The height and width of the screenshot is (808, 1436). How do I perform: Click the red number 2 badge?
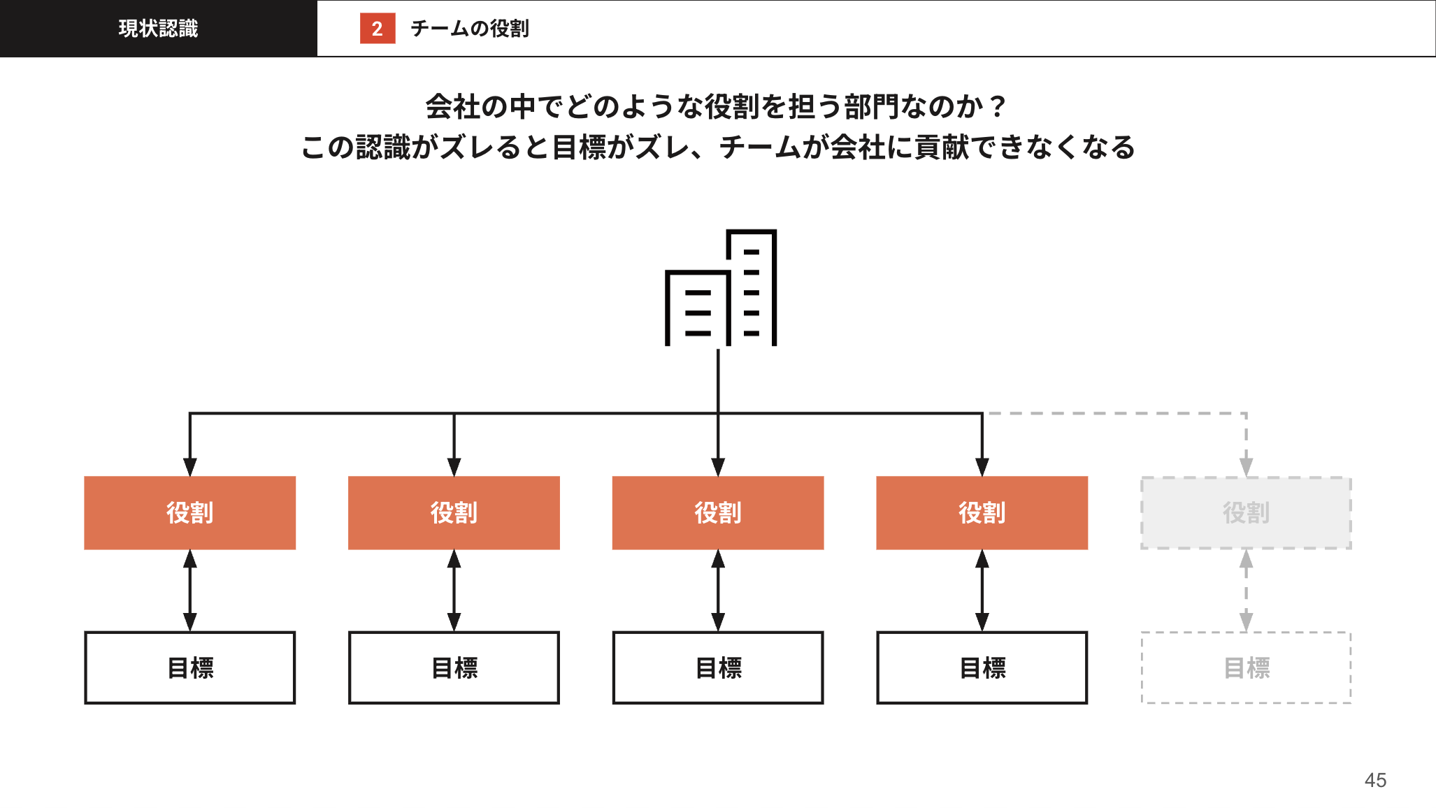pos(378,29)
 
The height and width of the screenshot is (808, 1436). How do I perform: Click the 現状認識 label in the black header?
pos(158,29)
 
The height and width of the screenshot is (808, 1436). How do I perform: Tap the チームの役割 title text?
pos(469,29)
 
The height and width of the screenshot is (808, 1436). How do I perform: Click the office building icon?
pos(720,288)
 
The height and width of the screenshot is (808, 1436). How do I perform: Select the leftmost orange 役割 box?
pos(189,513)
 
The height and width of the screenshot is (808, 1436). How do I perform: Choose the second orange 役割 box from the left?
pos(454,513)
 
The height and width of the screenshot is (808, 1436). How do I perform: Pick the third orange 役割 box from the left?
pos(718,513)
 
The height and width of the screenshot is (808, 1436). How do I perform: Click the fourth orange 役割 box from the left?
pos(982,513)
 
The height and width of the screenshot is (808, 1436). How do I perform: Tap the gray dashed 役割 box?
pos(1246,513)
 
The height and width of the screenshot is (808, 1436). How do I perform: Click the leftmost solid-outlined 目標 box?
pos(189,668)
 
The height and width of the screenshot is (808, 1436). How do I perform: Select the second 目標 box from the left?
pos(454,668)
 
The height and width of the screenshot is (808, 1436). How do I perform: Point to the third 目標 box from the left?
pos(718,668)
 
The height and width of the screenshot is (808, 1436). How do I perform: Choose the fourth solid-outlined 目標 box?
pos(982,668)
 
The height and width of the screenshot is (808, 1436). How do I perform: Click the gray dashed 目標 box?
pos(1246,668)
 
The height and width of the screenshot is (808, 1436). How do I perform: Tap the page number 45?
pos(1375,780)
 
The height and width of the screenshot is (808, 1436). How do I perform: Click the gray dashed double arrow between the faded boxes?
pos(1246,591)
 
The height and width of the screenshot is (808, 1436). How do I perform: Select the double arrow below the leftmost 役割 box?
pos(189,591)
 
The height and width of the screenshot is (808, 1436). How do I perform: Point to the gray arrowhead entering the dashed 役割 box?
pos(1246,467)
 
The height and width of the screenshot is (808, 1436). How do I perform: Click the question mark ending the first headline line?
pos(998,107)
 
